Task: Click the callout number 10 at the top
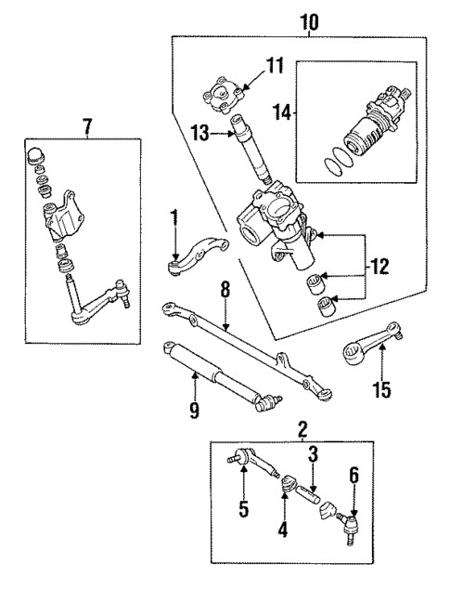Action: (x=307, y=20)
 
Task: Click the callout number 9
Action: (x=195, y=411)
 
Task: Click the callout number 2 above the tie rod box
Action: (x=302, y=429)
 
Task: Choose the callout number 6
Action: (x=354, y=475)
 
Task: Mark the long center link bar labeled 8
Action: (x=246, y=351)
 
